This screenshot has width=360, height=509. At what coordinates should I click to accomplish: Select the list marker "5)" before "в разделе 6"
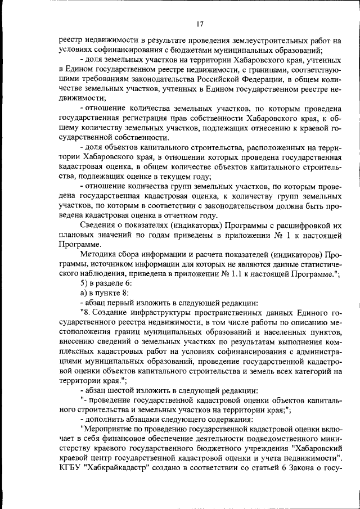click(85, 283)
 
